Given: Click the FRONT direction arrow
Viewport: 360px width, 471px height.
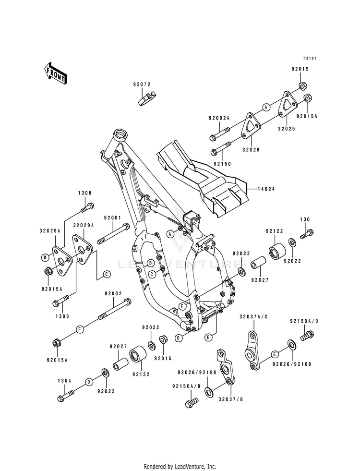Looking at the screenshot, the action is (x=55, y=73).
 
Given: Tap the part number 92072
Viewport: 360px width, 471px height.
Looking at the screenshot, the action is (x=142, y=85).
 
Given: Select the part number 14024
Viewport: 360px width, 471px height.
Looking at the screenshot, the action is (x=266, y=189).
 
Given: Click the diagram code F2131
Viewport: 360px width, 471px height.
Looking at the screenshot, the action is (x=310, y=58).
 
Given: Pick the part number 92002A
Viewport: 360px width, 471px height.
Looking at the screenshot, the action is (x=219, y=119).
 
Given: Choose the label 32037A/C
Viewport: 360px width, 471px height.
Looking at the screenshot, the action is (x=253, y=317).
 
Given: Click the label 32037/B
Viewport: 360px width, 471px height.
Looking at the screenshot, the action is (x=230, y=399).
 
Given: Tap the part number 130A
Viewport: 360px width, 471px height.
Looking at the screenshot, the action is (x=64, y=381).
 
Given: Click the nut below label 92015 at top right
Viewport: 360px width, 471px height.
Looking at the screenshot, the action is (x=302, y=86).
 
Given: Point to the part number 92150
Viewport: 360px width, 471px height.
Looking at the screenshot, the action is (x=223, y=164).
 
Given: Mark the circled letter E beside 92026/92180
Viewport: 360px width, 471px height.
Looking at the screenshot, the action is (x=274, y=354).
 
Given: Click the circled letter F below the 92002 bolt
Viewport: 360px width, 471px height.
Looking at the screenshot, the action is (x=80, y=329).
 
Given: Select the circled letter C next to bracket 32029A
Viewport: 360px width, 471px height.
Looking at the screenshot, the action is (x=106, y=274).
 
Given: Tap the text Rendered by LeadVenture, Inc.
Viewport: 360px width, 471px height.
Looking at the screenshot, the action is (x=180, y=467).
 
